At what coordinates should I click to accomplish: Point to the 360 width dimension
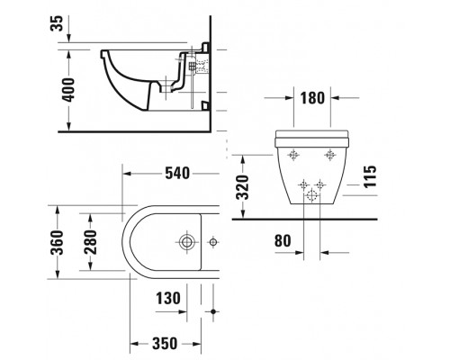click(57, 242)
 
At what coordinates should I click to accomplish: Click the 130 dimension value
click(168, 298)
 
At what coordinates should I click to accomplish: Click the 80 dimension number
click(282, 240)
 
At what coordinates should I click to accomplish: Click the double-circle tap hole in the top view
click(188, 242)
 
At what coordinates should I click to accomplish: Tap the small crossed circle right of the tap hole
click(213, 242)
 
